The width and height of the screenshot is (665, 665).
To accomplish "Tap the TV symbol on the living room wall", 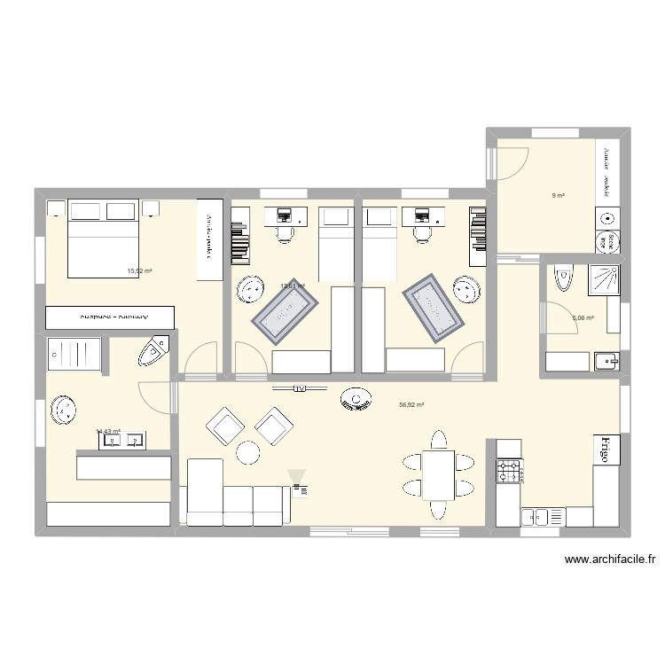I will coord(299,388).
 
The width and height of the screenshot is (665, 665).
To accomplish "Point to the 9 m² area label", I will coord(559,196).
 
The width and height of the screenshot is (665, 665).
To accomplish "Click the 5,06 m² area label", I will coord(583,317).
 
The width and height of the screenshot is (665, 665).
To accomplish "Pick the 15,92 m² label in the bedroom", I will coord(140,271).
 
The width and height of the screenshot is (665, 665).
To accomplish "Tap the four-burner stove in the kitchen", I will coord(509,470).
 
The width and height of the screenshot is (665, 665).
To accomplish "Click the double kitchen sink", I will coord(536,515).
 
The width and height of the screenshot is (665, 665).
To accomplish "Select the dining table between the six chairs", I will coord(437,474).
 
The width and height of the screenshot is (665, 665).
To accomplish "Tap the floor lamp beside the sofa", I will coord(297,480).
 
